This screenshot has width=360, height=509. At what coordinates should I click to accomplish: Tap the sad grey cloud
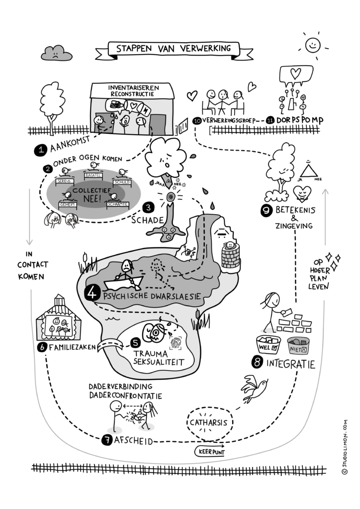pyautogui.click(x=56, y=52)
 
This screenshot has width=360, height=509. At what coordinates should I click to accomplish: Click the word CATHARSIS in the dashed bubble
pyautogui.click(x=208, y=423)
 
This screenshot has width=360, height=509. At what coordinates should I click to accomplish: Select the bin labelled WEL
pyautogui.click(x=268, y=344)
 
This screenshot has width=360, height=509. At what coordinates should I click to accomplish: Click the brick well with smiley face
pyautogui.click(x=230, y=255)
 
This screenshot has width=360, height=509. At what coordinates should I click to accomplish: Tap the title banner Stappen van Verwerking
pyautogui.click(x=174, y=49)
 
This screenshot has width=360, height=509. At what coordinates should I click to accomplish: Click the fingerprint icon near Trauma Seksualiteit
pyautogui.click(x=176, y=341)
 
